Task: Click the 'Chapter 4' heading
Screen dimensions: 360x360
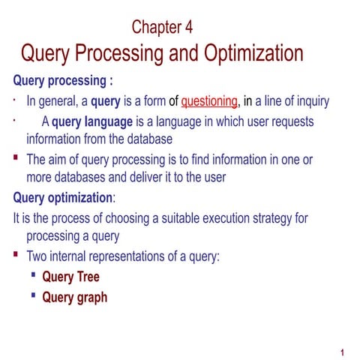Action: point(162,28)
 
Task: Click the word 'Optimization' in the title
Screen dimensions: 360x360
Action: point(246,55)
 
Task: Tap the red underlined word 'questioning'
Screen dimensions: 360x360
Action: point(209,101)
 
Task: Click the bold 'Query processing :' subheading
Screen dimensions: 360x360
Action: point(64,80)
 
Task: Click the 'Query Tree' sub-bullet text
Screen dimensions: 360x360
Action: point(70,277)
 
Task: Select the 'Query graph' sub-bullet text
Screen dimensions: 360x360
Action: point(74,297)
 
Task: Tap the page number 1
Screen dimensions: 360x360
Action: point(341,352)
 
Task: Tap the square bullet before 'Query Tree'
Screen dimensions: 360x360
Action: point(34,276)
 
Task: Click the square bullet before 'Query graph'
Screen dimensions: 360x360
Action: point(34,295)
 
